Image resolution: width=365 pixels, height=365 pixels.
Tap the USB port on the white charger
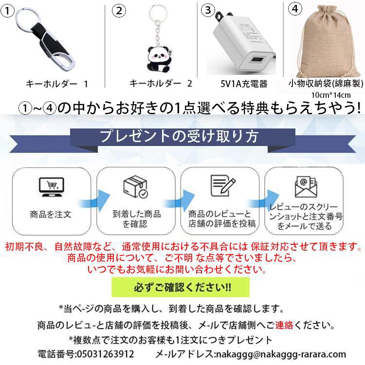click(x=258, y=59)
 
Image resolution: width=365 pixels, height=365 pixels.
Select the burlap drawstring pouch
click(x=328, y=41)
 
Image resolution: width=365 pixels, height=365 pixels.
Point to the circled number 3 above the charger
click(x=208, y=11)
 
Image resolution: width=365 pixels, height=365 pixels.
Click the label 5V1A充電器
click(x=244, y=84)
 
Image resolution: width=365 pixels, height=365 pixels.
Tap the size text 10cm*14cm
click(x=331, y=95)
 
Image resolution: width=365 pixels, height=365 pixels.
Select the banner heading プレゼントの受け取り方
click(x=179, y=136)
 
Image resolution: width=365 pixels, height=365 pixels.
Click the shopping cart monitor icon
click(x=52, y=187)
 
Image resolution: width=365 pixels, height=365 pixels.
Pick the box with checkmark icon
click(x=136, y=187)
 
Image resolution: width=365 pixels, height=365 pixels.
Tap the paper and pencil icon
click(x=223, y=185)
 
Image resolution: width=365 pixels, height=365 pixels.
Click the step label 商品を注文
click(x=51, y=215)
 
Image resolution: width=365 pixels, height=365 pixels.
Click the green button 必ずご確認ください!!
click(x=181, y=287)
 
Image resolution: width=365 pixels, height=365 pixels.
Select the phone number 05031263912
click(x=106, y=354)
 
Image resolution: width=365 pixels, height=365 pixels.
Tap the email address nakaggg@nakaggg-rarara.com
click(x=281, y=354)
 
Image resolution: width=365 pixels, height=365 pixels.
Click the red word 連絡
click(x=284, y=325)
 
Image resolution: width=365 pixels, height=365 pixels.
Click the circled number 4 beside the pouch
click(x=295, y=9)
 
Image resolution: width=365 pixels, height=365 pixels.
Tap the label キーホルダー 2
click(x=161, y=83)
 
